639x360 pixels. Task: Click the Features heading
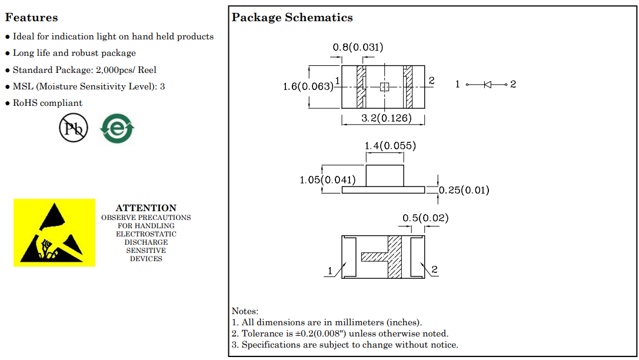pos(31,18)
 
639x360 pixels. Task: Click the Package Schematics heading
pos(292,18)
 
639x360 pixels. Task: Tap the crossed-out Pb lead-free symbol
pos(74,128)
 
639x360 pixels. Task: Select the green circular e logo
pos(117,128)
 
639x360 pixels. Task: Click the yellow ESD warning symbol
pos(54,232)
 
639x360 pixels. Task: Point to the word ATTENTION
pos(146,208)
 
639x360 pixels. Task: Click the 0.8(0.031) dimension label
pos(358,47)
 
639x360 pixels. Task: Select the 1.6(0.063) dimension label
pos(308,86)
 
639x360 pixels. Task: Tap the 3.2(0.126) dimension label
pos(387,118)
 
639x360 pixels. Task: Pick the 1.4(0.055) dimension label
pos(390,146)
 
